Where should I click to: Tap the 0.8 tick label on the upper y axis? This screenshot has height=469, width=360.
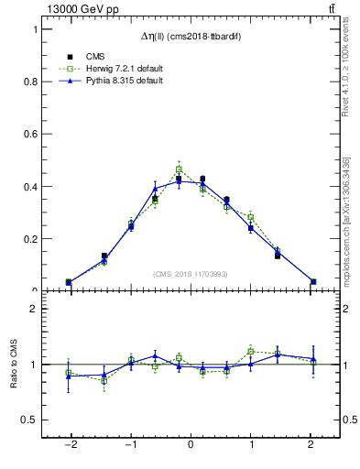[x=31, y=82]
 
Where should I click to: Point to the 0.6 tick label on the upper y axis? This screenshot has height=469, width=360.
[x=31, y=134]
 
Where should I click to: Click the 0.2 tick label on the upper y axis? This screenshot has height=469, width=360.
[x=31, y=239]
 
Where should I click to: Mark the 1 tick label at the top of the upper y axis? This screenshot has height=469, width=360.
[x=35, y=29]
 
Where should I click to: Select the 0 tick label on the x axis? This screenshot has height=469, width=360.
[x=191, y=444]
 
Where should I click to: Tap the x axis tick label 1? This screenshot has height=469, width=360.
[x=252, y=444]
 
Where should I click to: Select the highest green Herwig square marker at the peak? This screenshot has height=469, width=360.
[x=179, y=169]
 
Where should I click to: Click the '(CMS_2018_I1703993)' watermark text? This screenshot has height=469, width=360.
[x=190, y=274]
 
